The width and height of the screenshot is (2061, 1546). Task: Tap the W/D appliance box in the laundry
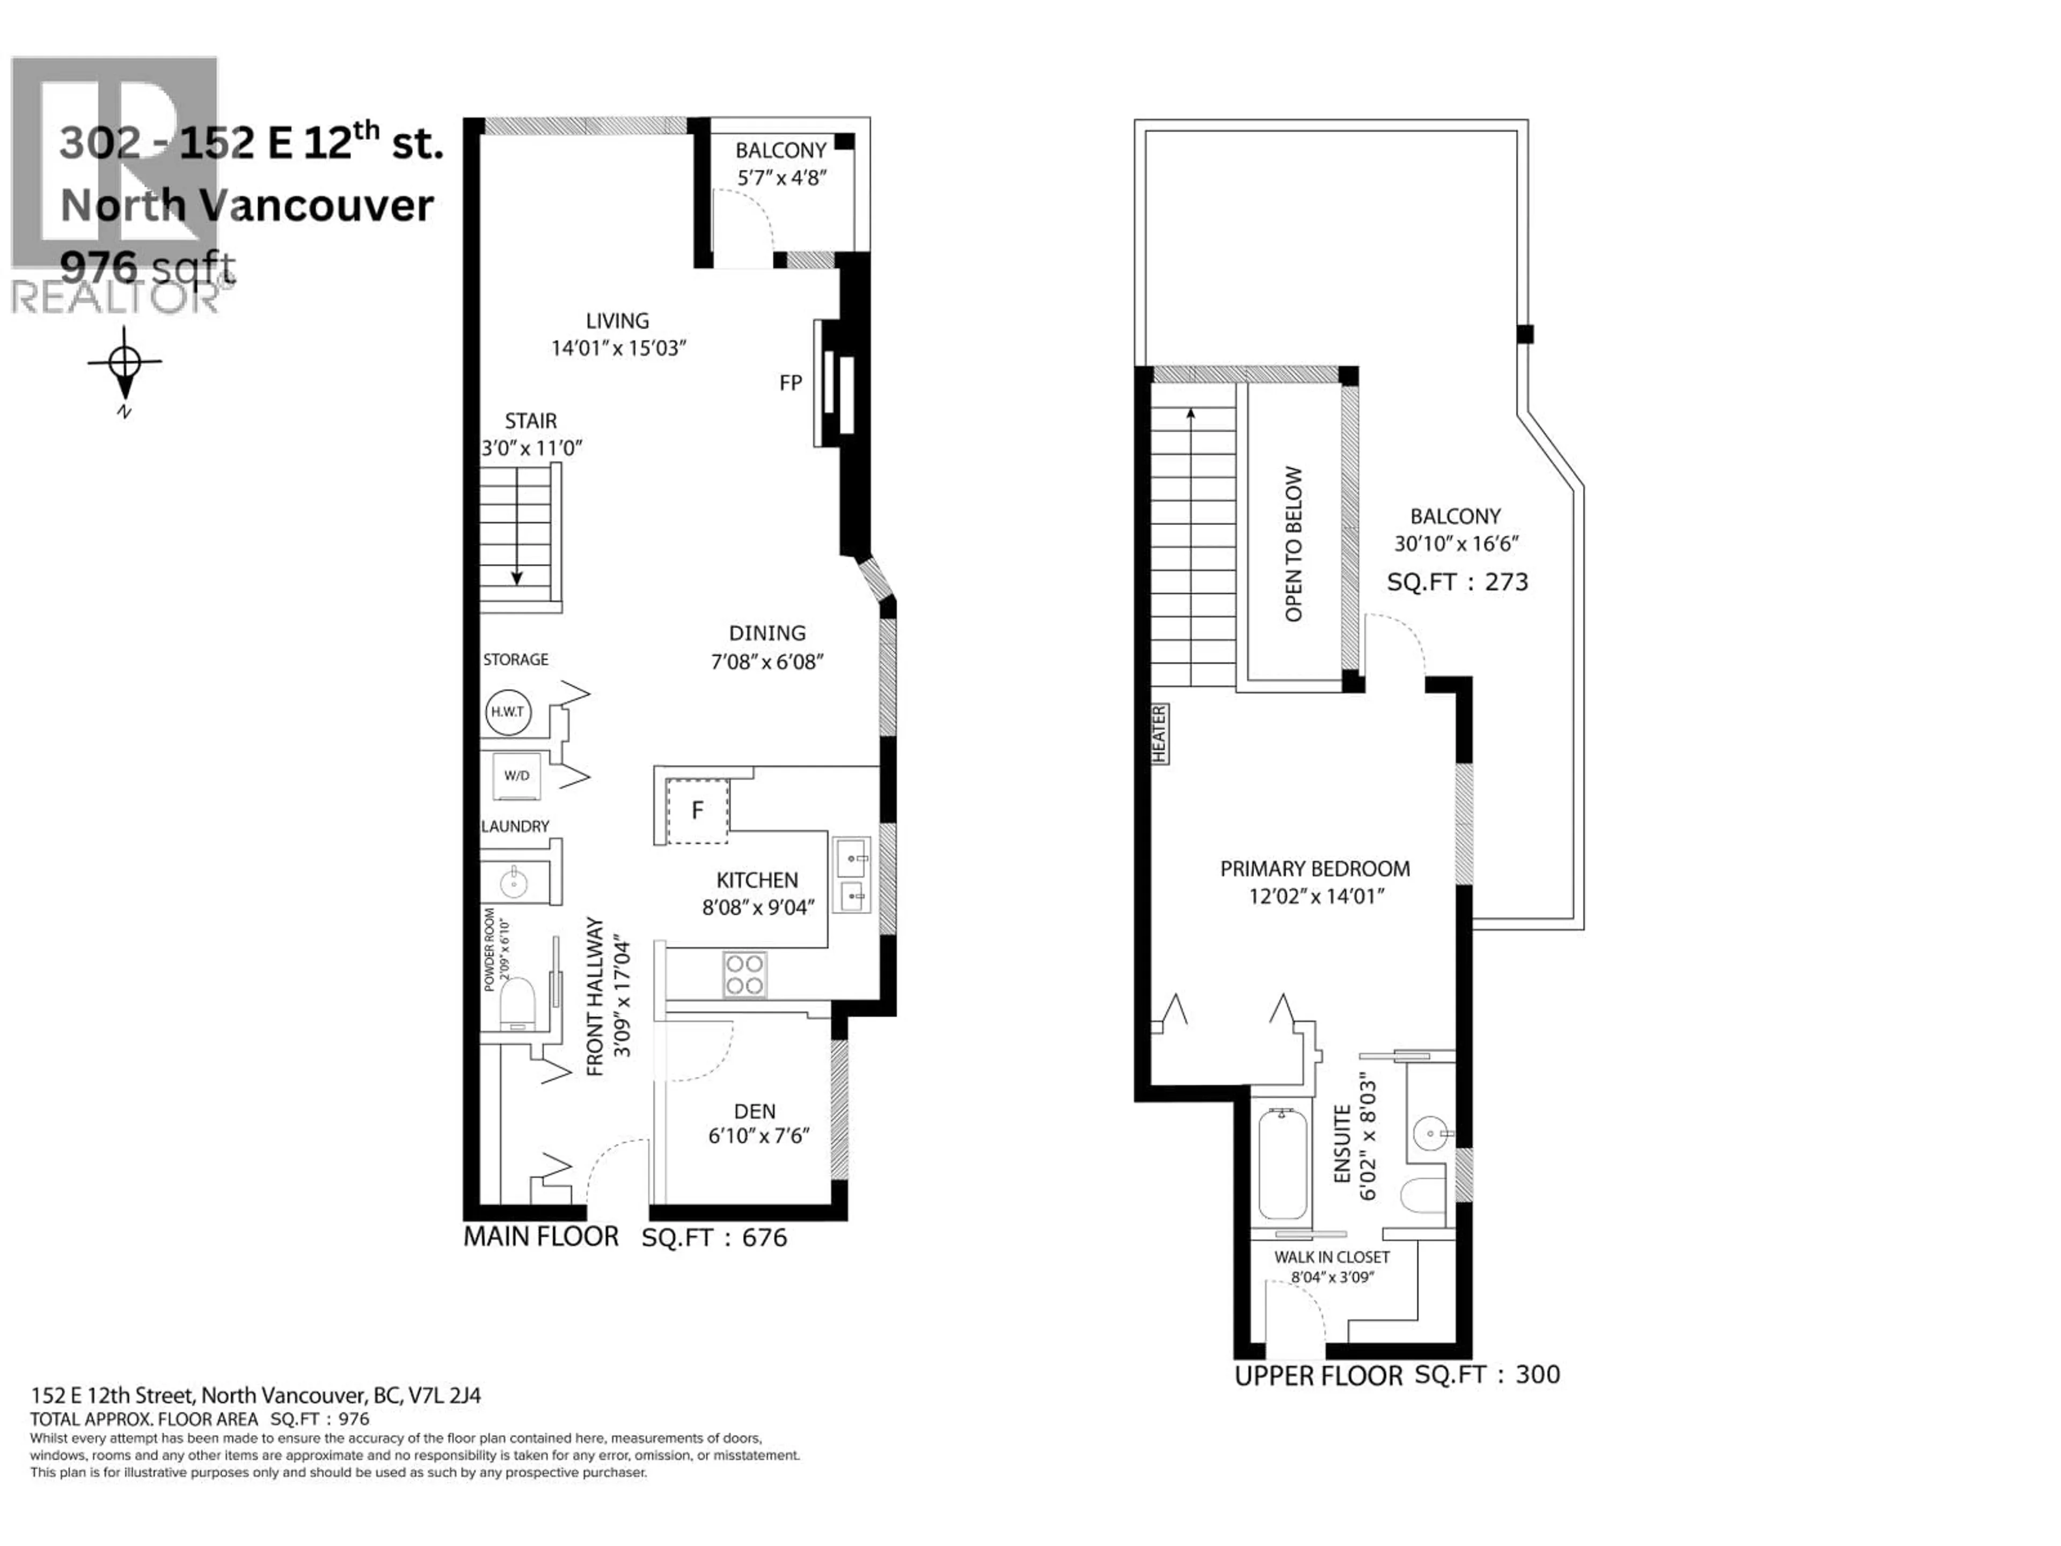tap(516, 775)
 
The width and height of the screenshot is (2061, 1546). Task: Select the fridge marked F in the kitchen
tap(697, 811)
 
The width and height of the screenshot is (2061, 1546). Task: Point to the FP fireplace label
tap(790, 383)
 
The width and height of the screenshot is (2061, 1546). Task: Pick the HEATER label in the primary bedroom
tap(1160, 734)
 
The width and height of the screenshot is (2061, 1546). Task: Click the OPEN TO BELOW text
tap(1293, 544)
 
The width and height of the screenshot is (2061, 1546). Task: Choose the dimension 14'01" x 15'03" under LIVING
tap(618, 348)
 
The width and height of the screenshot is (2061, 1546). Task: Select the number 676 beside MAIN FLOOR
tap(764, 1237)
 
